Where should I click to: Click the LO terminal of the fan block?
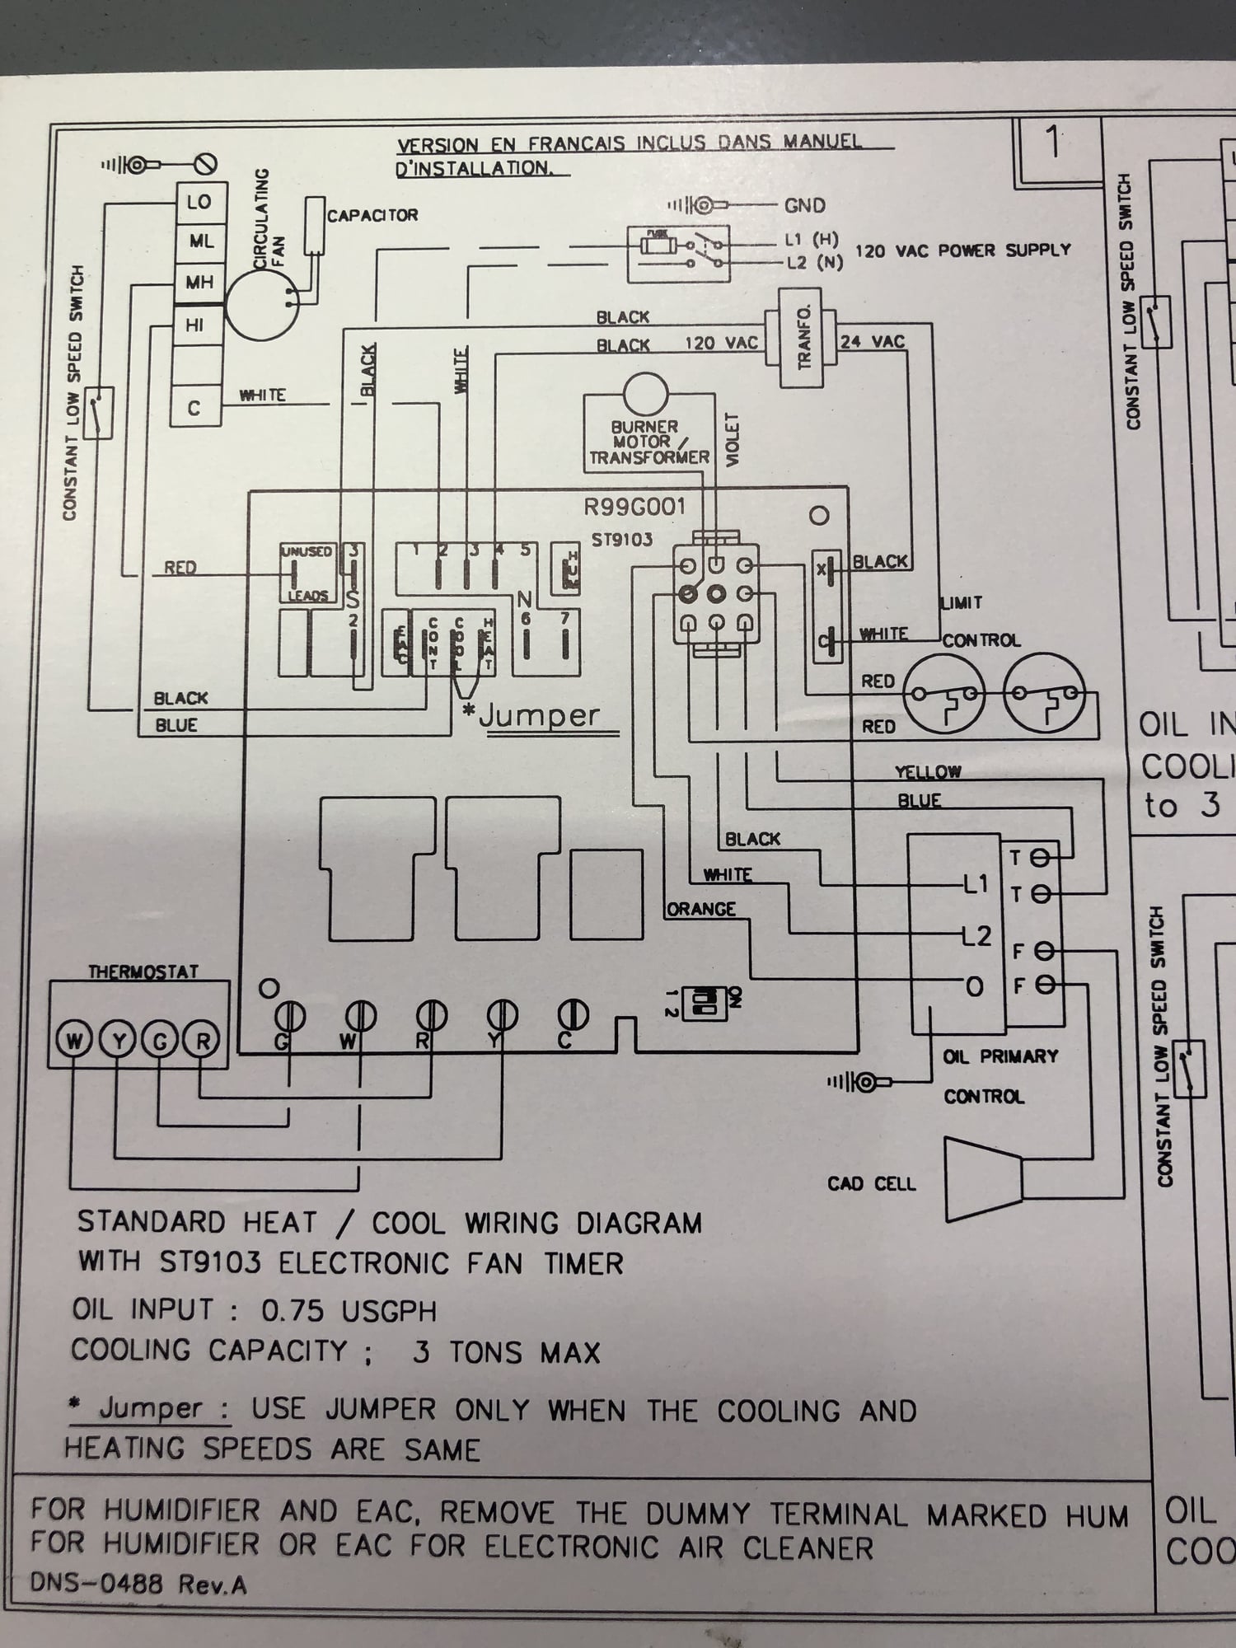199,203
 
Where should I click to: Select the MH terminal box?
199,283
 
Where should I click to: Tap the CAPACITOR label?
372,216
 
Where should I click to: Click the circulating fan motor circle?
261,306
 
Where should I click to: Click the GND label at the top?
804,206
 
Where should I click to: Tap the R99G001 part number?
634,507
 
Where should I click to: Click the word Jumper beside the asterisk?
540,715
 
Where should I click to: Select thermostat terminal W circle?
74,1042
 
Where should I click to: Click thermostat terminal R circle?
201,1042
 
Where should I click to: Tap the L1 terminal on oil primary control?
976,885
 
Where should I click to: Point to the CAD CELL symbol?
984,1179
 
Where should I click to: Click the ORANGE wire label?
700,910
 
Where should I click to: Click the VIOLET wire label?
731,440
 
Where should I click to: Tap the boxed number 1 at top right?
1054,145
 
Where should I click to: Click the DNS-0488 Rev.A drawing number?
138,1584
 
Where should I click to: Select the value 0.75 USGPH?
349,1311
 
